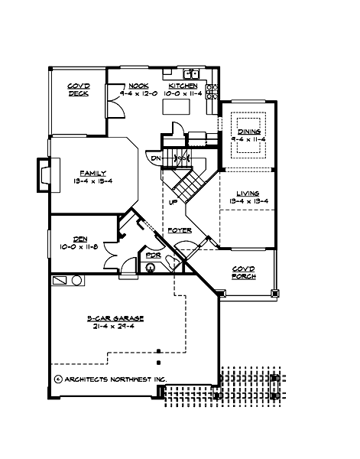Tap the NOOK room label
pyautogui.click(x=138, y=86)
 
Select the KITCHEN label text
pyautogui.click(x=183, y=86)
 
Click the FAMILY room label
pyautogui.click(x=92, y=173)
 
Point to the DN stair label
pyautogui.click(x=156, y=158)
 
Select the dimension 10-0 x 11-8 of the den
pyautogui.click(x=79, y=246)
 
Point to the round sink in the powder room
pyautogui.click(x=151, y=267)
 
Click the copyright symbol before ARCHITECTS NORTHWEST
pyautogui.click(x=58, y=378)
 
